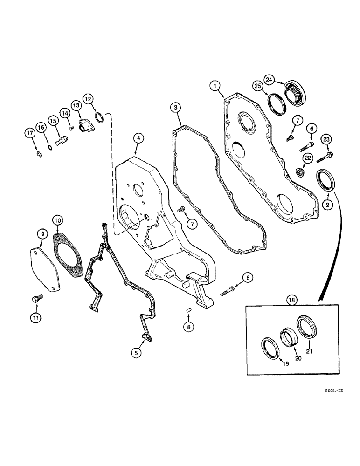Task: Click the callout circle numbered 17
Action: click(x=30, y=134)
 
